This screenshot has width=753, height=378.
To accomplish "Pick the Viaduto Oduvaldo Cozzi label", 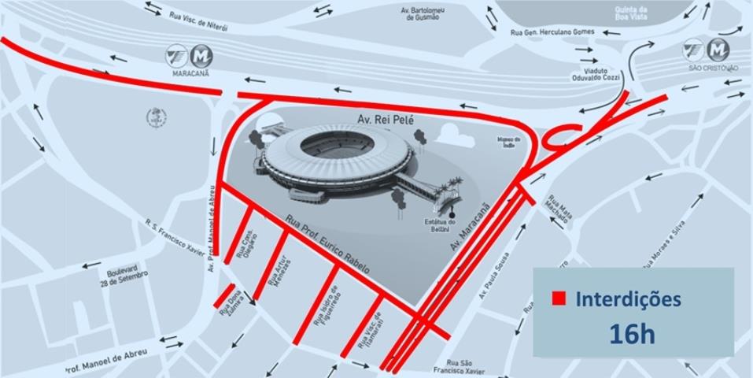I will [596, 75].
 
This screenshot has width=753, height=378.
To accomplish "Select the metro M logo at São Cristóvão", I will [718, 50].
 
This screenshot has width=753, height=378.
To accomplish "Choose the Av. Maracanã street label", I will [470, 228].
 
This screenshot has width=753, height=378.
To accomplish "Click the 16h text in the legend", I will [632, 333].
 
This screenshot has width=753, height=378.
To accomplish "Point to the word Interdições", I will [628, 299].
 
